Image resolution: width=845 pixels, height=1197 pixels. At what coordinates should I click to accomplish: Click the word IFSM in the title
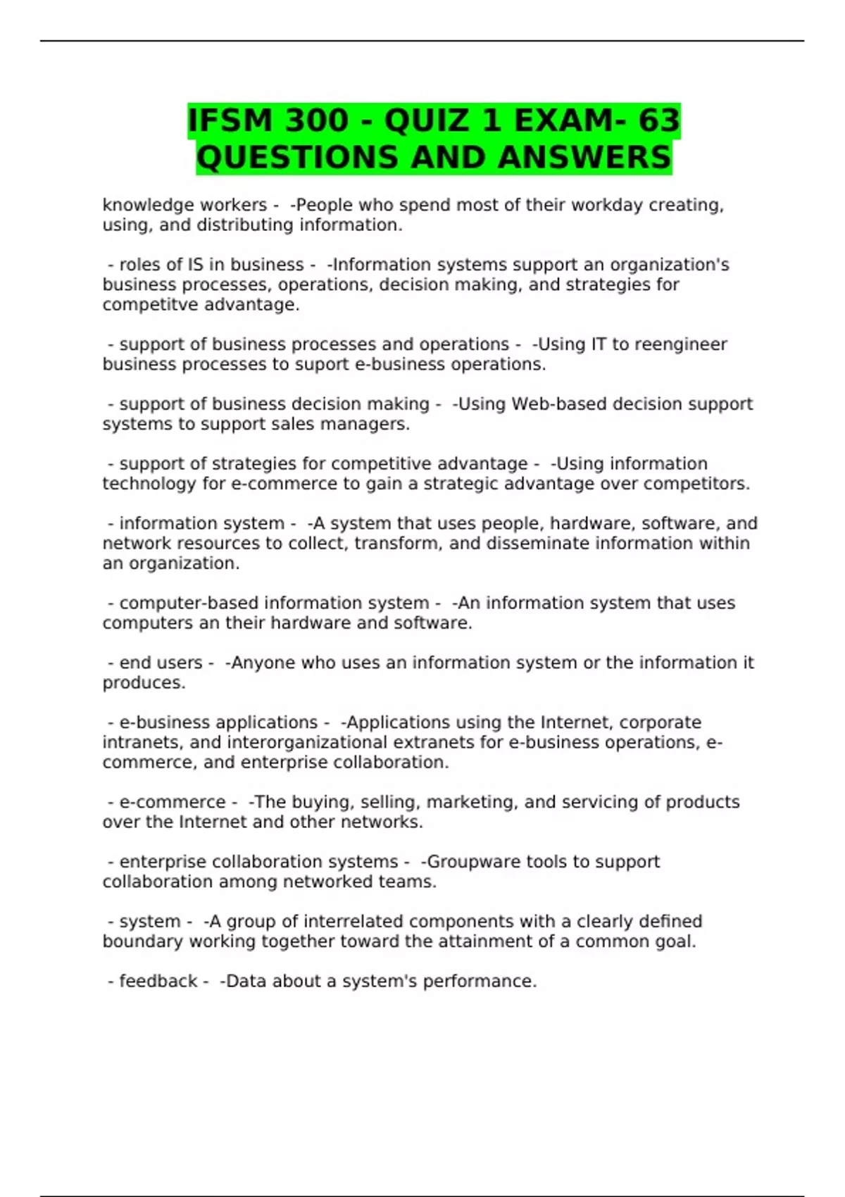click(x=232, y=120)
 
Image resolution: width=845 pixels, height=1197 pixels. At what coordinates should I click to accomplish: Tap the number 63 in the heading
click(x=659, y=120)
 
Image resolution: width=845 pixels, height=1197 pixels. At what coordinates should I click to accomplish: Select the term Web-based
click(x=551, y=404)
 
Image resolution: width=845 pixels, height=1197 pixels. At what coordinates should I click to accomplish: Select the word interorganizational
click(x=307, y=743)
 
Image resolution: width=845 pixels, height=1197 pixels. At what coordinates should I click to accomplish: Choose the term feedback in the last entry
click(x=158, y=982)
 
